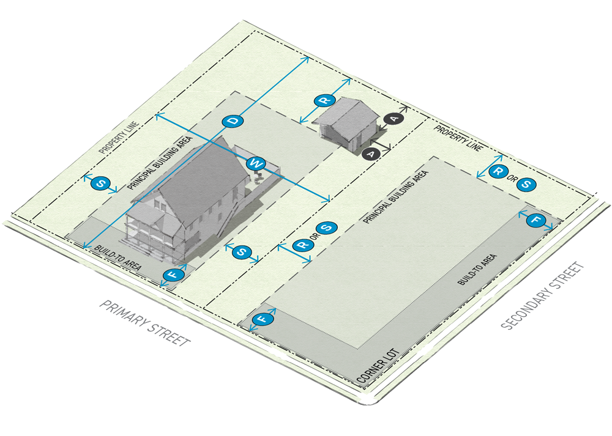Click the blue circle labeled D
point(233,121)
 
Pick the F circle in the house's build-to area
point(173,275)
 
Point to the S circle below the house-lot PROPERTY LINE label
point(100,183)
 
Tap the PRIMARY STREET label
point(146,323)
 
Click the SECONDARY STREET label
point(542,298)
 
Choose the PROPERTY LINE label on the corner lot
point(458,138)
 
